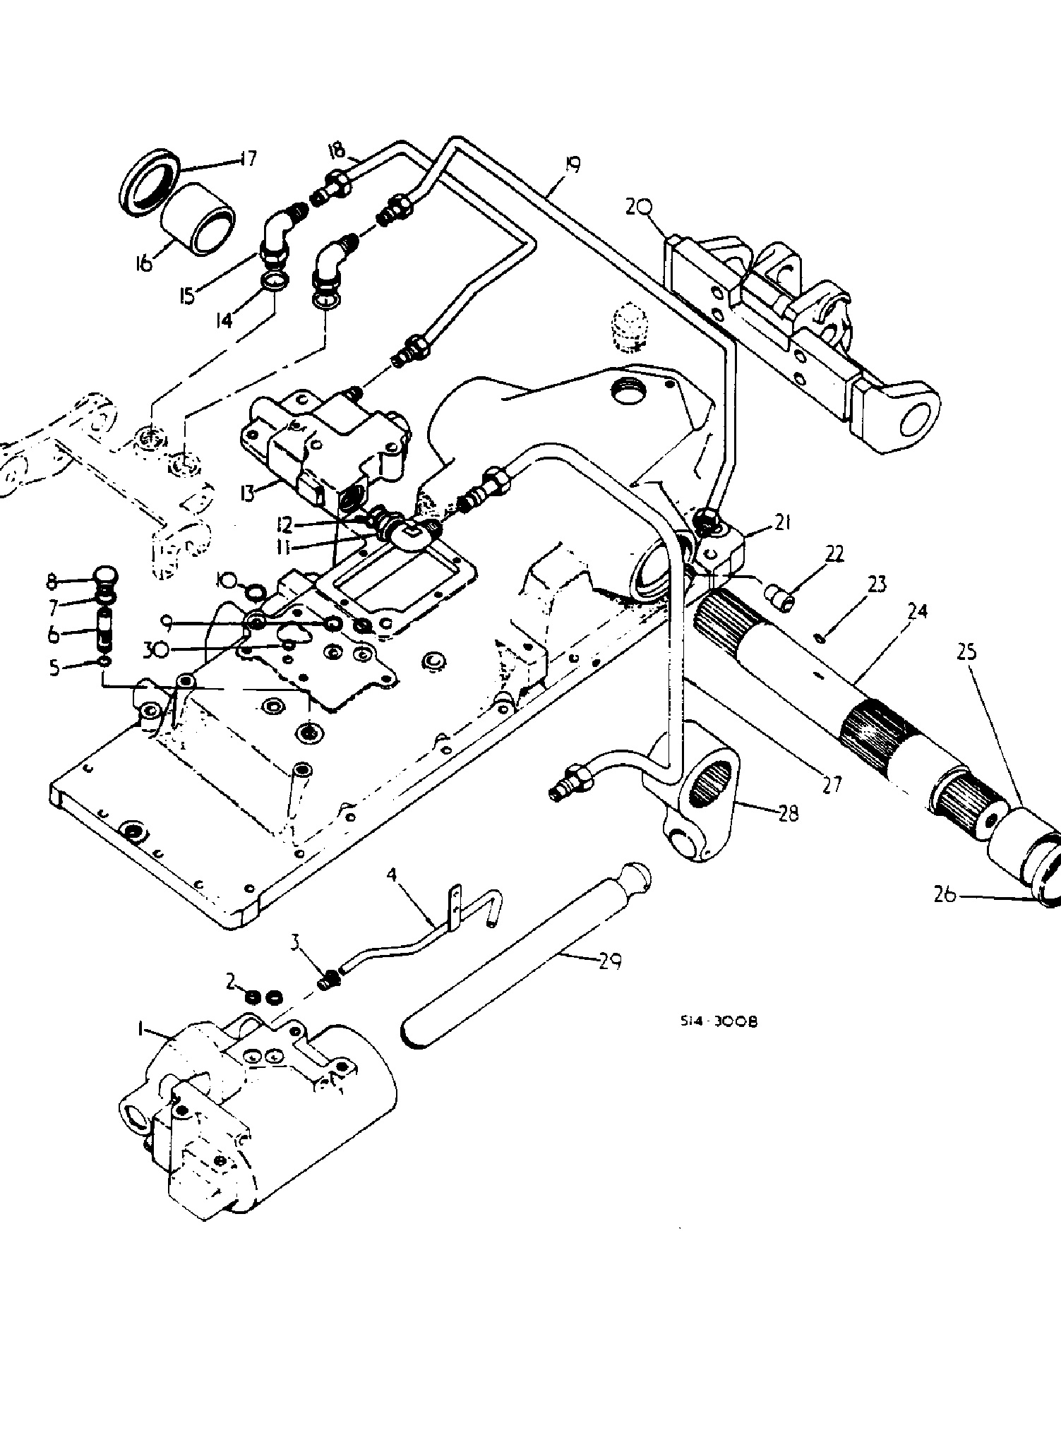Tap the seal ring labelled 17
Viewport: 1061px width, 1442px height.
149,182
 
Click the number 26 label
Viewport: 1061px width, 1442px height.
945,894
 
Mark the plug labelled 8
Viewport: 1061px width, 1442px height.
106,580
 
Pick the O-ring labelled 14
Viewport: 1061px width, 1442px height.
273,284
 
